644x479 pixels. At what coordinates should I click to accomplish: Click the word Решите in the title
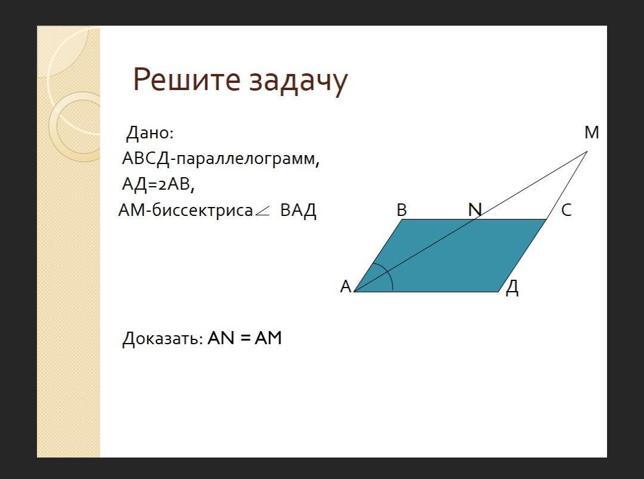coord(187,79)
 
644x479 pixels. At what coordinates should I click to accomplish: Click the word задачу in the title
coord(299,81)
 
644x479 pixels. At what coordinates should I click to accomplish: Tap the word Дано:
coord(150,133)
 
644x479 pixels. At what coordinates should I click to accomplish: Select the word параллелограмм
coord(246,159)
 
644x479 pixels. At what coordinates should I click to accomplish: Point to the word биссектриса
coord(203,210)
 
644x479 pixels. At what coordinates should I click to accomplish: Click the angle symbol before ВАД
coord(262,211)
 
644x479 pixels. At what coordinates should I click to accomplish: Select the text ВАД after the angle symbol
coord(298,211)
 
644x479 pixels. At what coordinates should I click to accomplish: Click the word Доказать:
coord(163,339)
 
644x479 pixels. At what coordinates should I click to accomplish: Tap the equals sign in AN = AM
coord(245,338)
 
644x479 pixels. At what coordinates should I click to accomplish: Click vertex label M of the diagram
coord(592,132)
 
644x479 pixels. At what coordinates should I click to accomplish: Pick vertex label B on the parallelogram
coord(402,211)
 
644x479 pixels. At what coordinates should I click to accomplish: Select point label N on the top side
coord(475,210)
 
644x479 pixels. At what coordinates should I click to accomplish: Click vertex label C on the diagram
coord(566,210)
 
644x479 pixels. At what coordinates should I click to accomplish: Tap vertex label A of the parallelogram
coord(346,286)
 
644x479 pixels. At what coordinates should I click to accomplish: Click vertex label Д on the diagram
coord(512,287)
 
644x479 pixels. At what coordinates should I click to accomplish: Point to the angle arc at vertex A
coord(389,274)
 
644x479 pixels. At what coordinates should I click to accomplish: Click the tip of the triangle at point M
coord(587,151)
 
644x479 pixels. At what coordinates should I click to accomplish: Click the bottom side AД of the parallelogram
coord(426,292)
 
